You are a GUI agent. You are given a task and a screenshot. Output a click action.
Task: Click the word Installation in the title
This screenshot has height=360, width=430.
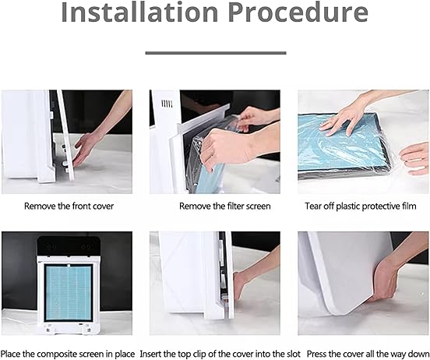[139, 12]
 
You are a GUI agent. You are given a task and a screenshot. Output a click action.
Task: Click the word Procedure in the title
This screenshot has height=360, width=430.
[298, 12]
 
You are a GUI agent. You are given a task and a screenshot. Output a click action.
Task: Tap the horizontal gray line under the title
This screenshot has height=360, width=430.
[216, 53]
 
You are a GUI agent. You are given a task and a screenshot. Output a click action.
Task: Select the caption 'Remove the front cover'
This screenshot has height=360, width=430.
[69, 206]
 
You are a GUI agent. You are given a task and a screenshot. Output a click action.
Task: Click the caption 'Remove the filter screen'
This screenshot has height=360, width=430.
[225, 206]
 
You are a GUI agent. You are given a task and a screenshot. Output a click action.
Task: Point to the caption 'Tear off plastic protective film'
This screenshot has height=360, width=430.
[361, 206]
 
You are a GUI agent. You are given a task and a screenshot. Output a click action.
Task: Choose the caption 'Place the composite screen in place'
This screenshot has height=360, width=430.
[68, 354]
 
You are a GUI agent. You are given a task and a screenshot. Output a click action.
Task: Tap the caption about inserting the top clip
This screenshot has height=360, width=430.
[220, 354]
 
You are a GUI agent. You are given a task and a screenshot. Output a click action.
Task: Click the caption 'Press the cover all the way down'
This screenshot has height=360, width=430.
[368, 354]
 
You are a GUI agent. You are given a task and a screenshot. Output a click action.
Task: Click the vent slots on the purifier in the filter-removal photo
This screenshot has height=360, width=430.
[167, 104]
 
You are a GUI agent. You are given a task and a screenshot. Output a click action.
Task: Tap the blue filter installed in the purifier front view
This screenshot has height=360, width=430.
[69, 292]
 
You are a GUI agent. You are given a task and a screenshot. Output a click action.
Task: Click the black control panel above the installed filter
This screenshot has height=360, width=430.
[69, 246]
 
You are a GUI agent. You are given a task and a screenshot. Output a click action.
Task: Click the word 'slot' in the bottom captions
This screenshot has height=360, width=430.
[293, 354]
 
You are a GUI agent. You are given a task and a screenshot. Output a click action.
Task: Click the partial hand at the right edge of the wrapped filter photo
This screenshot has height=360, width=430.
[415, 159]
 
